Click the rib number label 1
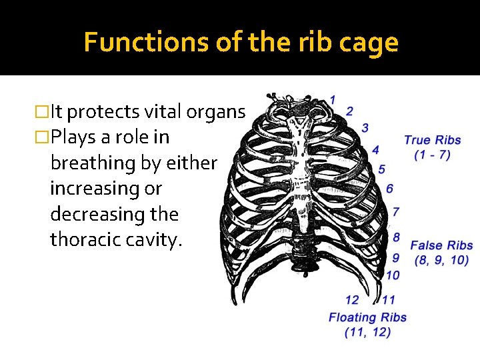pyautogui.click(x=332, y=100)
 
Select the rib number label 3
pyautogui.click(x=365, y=127)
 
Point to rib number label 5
pyautogui.click(x=381, y=170)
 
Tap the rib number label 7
pyautogui.click(x=396, y=212)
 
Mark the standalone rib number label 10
pyautogui.click(x=393, y=275)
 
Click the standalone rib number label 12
pyautogui.click(x=353, y=300)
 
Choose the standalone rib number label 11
pyautogui.click(x=389, y=300)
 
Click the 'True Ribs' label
pyautogui.click(x=433, y=140)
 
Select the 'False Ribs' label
pyautogui.click(x=441, y=246)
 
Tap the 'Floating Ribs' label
pyautogui.click(x=367, y=317)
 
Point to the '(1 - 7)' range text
pyautogui.click(x=432, y=155)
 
